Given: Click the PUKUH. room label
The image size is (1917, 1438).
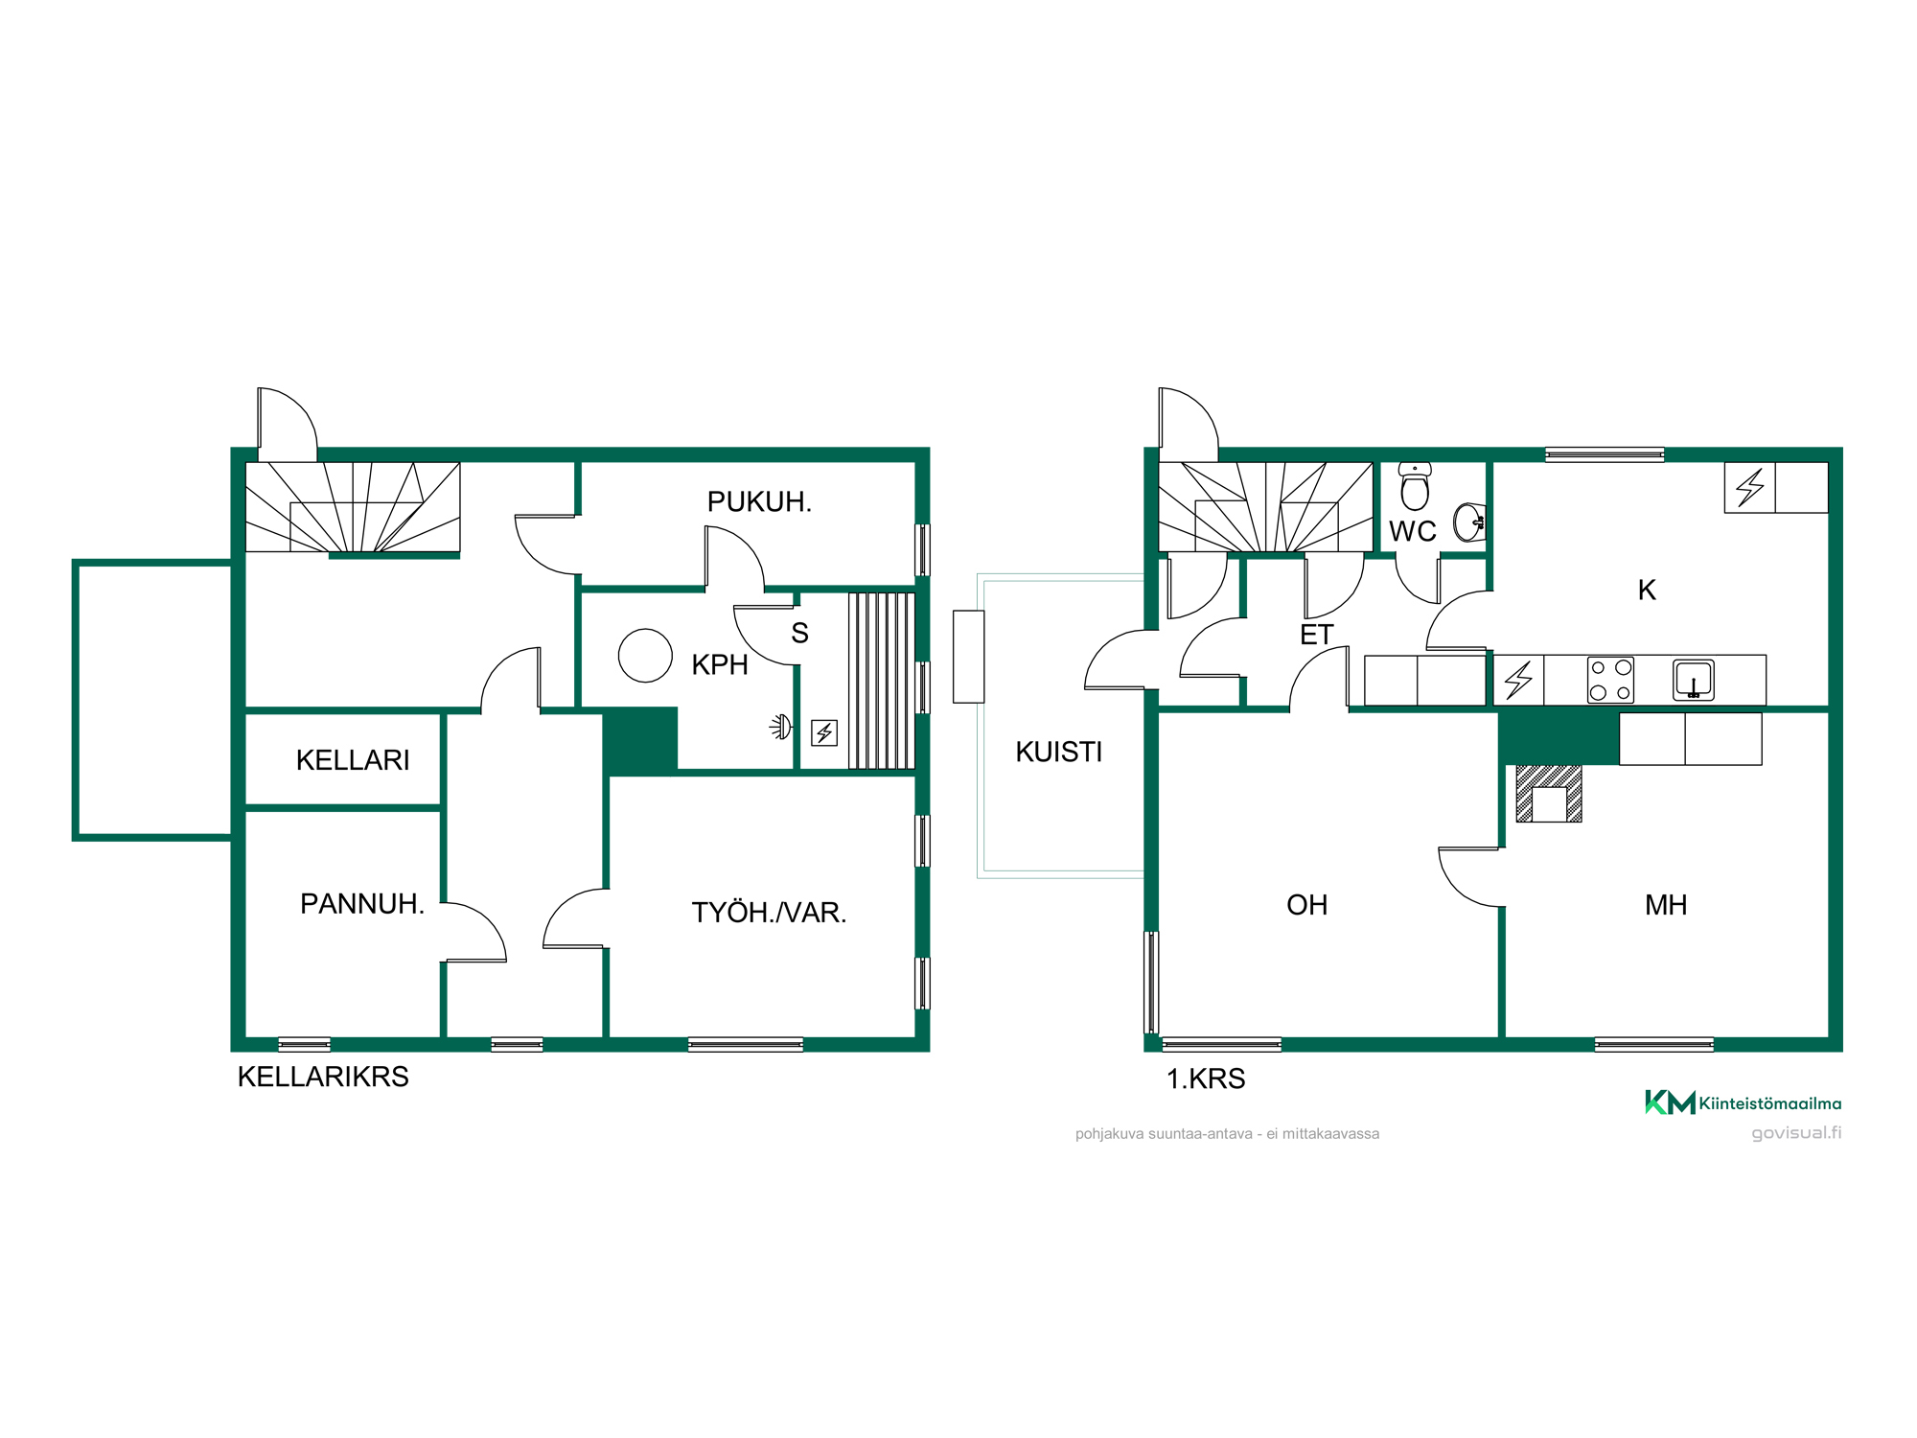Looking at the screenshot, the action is pos(759,501).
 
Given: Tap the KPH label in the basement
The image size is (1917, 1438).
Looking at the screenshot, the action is pos(720,664).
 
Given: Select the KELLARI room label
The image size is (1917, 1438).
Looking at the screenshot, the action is pos(353,760).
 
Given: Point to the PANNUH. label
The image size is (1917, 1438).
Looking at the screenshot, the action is pos(362,904).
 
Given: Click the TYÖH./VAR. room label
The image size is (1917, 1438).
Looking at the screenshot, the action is pos(770,913).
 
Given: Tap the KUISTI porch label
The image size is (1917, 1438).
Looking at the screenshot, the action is pos(1059,752).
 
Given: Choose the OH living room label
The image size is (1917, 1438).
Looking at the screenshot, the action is pos(1307,905).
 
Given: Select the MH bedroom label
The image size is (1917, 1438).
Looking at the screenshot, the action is pos(1666,905).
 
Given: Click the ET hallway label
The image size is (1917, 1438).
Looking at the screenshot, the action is pos(1317,635).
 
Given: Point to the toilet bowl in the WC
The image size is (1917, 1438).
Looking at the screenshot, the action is pos(1415,486).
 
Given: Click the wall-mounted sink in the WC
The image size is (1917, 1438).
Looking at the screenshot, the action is pos(1469,522).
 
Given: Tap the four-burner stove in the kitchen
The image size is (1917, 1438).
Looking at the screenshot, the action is pos(1610,680).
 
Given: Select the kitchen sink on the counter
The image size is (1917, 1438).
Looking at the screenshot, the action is pos(1694,680).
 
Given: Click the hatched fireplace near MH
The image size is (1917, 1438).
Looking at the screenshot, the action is pos(1549,794).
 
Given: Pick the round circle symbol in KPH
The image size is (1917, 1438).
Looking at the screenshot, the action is pos(645,656).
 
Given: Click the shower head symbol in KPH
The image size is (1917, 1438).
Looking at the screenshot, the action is pos(782,728).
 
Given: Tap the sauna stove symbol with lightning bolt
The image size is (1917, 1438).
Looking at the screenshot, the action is pos(824,733).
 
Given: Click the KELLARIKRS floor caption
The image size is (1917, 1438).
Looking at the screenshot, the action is pos(323,1077).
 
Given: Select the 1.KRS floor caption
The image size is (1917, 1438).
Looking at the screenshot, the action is pos(1206,1078).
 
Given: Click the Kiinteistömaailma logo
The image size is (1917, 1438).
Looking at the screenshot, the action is pos(1743,1102).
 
